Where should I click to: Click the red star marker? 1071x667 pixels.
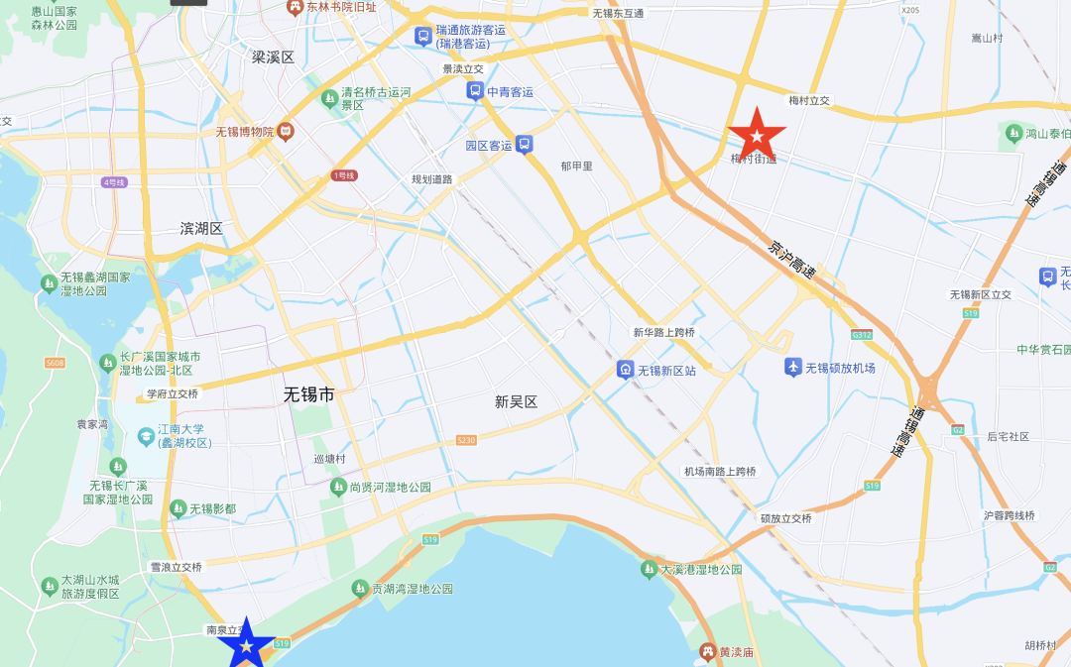pyautogui.click(x=758, y=135)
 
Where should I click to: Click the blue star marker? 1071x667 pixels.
pyautogui.click(x=246, y=645)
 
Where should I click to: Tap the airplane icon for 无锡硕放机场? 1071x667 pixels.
pyautogui.click(x=792, y=368)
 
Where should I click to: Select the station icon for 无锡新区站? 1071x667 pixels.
pyautogui.click(x=626, y=370)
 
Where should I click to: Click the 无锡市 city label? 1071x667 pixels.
pyautogui.click(x=309, y=393)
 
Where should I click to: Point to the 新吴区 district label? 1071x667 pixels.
pyautogui.click(x=516, y=401)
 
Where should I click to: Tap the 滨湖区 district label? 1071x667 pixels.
pyautogui.click(x=201, y=228)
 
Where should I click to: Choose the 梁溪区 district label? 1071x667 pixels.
pyautogui.click(x=273, y=57)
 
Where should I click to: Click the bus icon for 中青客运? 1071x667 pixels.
pyautogui.click(x=475, y=91)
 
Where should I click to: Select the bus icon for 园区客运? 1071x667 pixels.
pyautogui.click(x=524, y=144)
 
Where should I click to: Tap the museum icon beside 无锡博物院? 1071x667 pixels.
pyautogui.click(x=286, y=131)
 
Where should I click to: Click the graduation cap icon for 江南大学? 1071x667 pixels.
pyautogui.click(x=146, y=434)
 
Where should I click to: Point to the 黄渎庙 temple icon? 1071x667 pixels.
pyautogui.click(x=707, y=651)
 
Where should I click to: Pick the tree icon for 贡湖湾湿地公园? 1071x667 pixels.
pyautogui.click(x=360, y=588)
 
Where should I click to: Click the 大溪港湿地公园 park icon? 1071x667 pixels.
pyautogui.click(x=649, y=570)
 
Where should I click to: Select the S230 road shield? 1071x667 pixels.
pyautogui.click(x=466, y=439)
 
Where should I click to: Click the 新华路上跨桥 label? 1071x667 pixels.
pyautogui.click(x=664, y=332)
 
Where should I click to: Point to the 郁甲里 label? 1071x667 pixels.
pyautogui.click(x=576, y=167)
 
